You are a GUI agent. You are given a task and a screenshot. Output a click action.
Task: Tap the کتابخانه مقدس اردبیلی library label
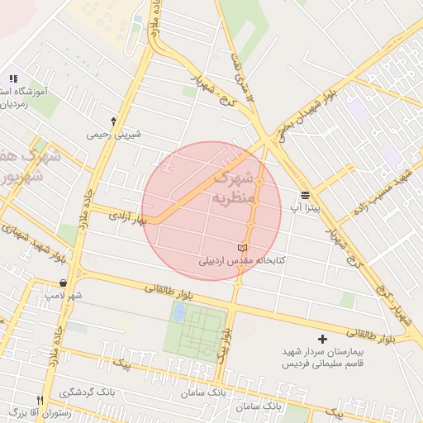tap(241, 260)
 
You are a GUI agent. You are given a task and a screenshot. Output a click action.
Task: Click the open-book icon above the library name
tap(242, 248)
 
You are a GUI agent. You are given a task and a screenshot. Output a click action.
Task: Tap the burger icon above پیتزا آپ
tap(306, 195)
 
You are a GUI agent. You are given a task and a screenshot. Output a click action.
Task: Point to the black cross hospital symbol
tap(322, 339)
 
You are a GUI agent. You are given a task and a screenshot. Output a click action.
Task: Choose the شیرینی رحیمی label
tap(113, 135)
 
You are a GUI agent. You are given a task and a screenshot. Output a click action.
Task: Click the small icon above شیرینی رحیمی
tap(113, 121)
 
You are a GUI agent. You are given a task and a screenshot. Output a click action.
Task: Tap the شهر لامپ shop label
tap(64, 295)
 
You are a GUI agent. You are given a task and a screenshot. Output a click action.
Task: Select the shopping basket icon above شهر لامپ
tap(64, 283)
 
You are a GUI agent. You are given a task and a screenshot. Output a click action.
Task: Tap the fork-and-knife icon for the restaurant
tap(40, 400)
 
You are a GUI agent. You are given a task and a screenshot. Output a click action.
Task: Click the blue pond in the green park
tap(178, 312)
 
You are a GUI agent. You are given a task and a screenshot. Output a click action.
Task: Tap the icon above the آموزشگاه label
tap(13, 78)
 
